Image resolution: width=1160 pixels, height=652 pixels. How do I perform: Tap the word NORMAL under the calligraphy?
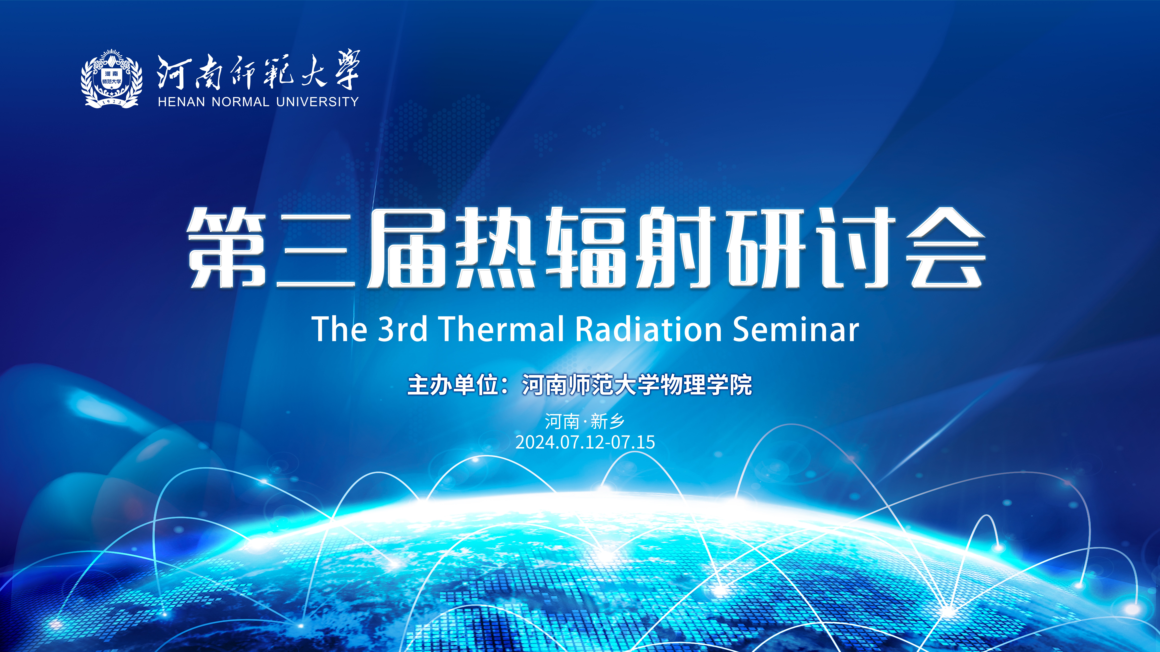(x=240, y=102)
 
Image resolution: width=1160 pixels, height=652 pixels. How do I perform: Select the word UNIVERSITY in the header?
(x=317, y=102)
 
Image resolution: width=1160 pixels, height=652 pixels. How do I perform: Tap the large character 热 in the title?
(x=495, y=247)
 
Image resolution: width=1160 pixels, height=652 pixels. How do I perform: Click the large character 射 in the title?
(x=675, y=247)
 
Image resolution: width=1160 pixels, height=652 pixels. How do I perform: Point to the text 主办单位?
(x=453, y=385)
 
